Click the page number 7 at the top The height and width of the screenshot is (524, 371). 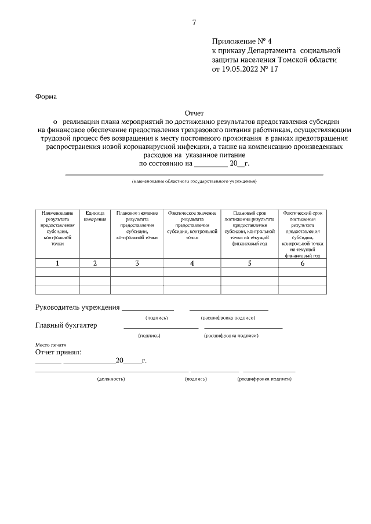(x=194, y=23)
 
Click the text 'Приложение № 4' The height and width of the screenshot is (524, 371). (x=242, y=42)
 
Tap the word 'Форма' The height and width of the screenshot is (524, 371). (x=46, y=96)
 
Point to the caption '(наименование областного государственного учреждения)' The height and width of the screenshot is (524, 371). (x=194, y=182)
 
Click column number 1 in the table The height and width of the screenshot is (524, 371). (x=57, y=263)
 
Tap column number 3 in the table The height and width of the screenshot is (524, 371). (x=137, y=263)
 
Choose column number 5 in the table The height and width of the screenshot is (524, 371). (x=249, y=263)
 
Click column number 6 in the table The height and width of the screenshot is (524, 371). (x=302, y=263)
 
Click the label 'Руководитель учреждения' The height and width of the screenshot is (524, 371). (x=78, y=307)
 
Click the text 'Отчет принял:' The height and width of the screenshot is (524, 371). (x=59, y=351)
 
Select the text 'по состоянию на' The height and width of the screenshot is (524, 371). (x=165, y=164)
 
